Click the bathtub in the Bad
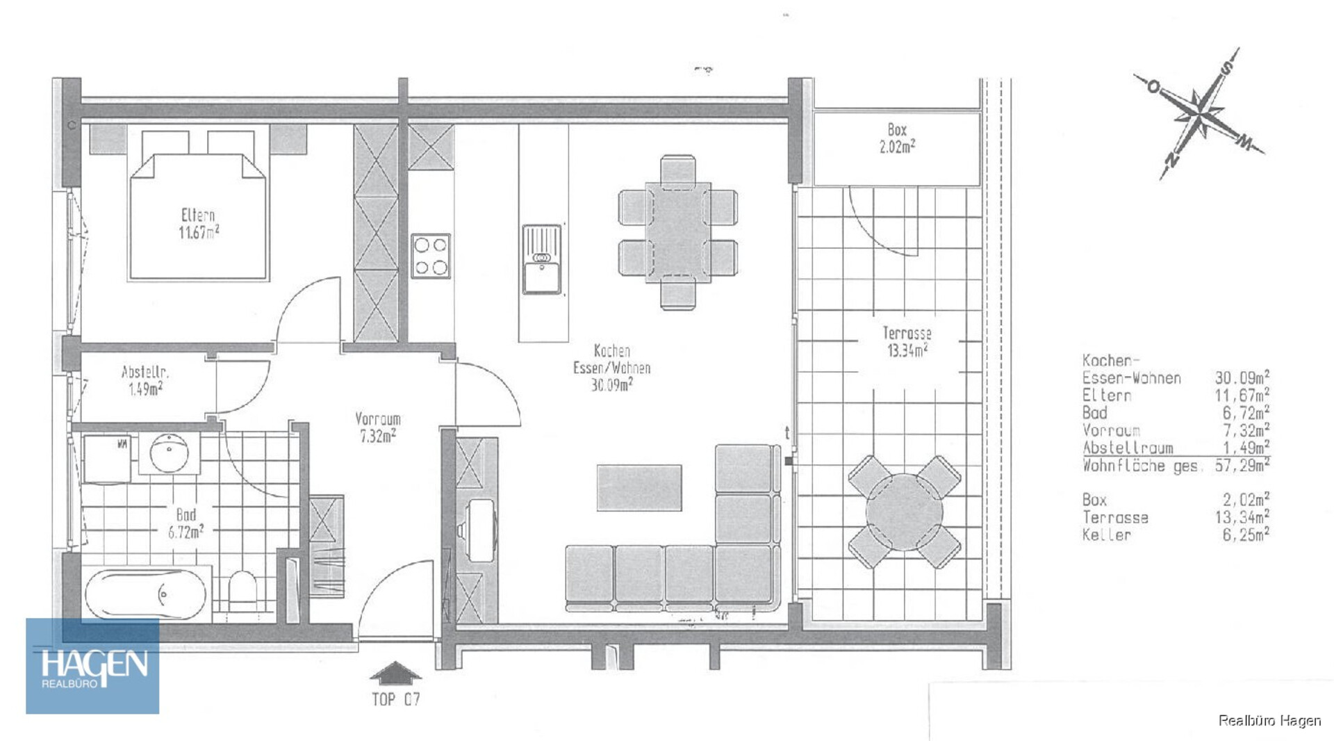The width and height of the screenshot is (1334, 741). tap(146, 594)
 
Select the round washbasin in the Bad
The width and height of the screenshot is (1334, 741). tap(169, 453)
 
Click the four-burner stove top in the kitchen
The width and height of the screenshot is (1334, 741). tap(431, 256)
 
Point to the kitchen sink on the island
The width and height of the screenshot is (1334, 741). tap(542, 259)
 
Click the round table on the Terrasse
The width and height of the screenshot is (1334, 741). tap(905, 512)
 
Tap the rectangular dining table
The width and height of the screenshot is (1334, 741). tap(678, 232)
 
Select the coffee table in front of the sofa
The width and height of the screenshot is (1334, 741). tap(639, 487)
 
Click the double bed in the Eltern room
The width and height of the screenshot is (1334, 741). tap(198, 215)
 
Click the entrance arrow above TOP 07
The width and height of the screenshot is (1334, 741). tap(395, 674)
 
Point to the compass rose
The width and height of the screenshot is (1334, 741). tap(1200, 113)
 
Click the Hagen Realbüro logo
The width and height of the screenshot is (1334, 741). tap(92, 666)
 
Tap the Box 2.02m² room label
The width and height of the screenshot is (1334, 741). tap(897, 138)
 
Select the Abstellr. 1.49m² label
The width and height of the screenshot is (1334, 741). tap(145, 380)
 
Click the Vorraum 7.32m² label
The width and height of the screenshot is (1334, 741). tap(378, 427)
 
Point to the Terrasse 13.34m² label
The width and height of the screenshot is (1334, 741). tap(907, 342)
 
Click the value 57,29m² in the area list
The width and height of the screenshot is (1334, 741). tap(1242, 465)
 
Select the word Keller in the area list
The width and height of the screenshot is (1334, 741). tap(1107, 535)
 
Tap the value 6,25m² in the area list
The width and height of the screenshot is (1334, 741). tap(1246, 534)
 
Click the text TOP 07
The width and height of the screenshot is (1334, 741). tap(396, 699)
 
